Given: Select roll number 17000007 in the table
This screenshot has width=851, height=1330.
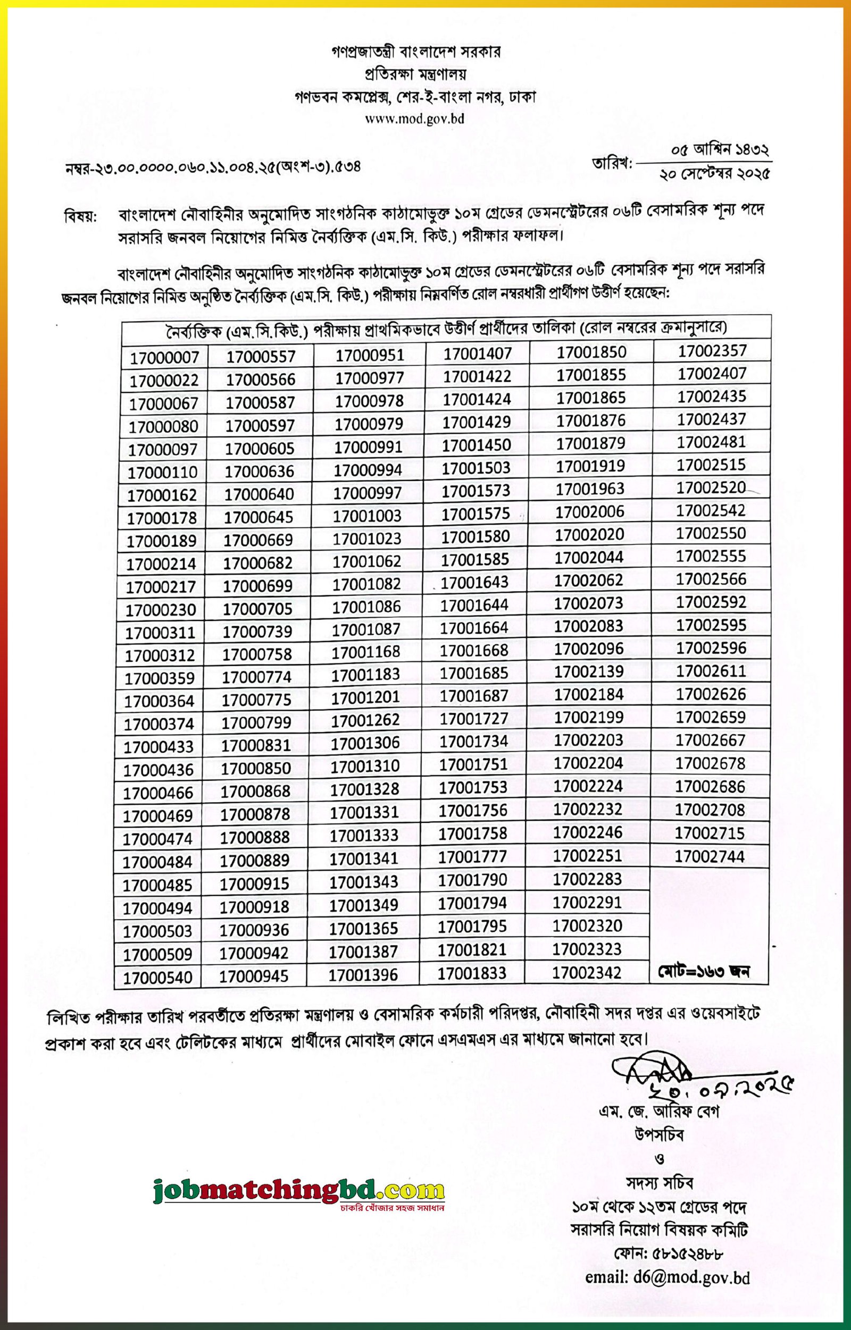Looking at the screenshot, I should pos(164,358).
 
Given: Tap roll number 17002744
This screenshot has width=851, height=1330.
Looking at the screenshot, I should pos(710,856).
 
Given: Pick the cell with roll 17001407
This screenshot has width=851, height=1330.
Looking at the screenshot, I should pos(478,353).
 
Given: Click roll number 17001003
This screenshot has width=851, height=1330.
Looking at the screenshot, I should pos(367,515).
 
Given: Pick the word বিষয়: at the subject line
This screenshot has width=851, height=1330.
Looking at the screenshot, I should pos(80,215).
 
